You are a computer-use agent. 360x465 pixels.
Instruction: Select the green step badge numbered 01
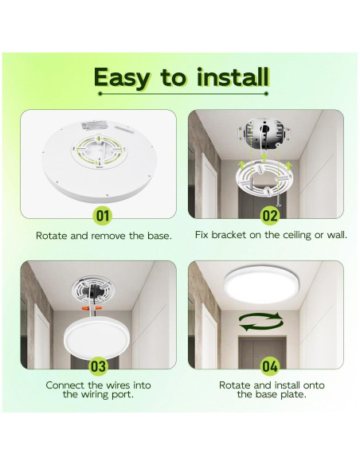(102, 214)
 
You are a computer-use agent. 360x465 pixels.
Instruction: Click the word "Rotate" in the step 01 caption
(51, 236)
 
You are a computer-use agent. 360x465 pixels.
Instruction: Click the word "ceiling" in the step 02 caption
(285, 236)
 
